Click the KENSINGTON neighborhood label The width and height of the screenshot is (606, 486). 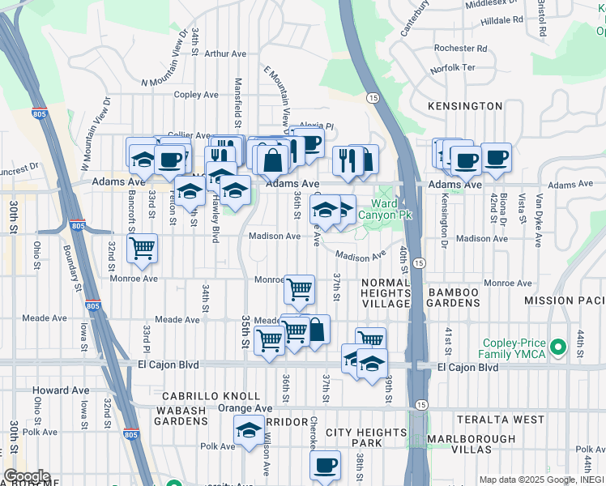[467, 106]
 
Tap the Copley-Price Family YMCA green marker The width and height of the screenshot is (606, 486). [557, 347]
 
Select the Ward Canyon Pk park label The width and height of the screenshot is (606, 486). [386, 209]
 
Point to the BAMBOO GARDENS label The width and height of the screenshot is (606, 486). [454, 297]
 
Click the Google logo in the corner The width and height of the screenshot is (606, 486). [26, 476]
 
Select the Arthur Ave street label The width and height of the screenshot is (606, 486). [226, 54]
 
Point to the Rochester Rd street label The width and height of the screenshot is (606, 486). [459, 49]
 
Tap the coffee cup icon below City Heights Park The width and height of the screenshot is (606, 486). [325, 464]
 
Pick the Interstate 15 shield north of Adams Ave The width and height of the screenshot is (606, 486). [373, 97]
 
